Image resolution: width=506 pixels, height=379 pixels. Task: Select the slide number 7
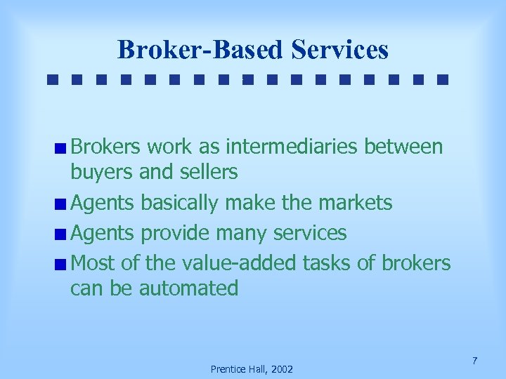[475, 361]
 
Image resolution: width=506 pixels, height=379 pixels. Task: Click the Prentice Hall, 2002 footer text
[252, 369]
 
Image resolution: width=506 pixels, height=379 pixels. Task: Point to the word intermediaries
[291, 147]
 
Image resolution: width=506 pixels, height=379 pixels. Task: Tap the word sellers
[209, 171]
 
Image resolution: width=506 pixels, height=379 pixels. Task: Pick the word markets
[356, 204]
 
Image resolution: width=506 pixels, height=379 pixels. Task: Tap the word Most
[93, 262]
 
